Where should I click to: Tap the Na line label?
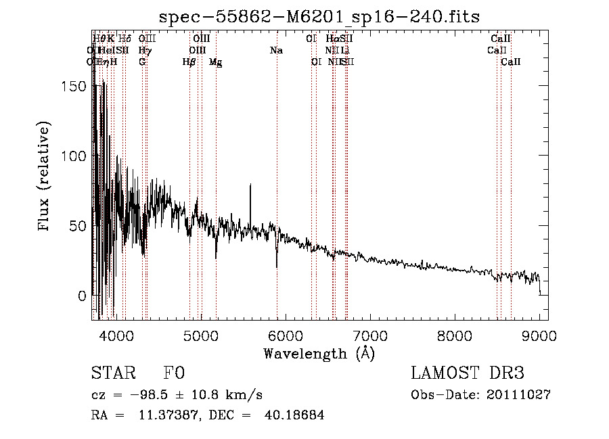click(x=276, y=50)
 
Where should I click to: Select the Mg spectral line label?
click(x=215, y=62)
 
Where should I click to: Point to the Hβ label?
click(x=189, y=62)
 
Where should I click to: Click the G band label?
click(x=142, y=62)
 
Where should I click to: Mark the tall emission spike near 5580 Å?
click(x=250, y=185)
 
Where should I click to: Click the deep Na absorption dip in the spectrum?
click(x=277, y=265)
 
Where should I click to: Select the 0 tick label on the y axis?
click(x=81, y=296)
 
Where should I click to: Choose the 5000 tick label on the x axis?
click(x=201, y=336)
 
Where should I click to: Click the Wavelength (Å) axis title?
click(x=319, y=353)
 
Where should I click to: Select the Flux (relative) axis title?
click(x=45, y=178)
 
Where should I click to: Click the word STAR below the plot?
click(x=111, y=374)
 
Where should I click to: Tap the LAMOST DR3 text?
click(x=468, y=374)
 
